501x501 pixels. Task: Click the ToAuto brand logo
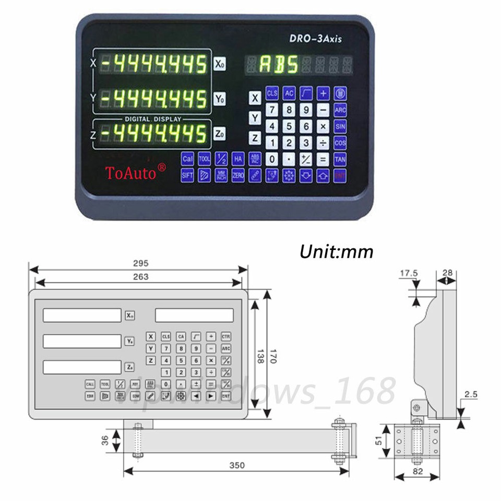click(136, 172)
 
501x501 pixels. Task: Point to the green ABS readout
click(279, 65)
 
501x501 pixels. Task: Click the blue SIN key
click(340, 126)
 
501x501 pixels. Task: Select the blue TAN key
click(340, 159)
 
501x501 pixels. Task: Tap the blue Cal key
click(187, 159)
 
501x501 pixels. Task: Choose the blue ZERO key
click(238, 175)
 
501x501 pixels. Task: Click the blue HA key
click(238, 159)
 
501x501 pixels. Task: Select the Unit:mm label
click(336, 252)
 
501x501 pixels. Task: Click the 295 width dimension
click(140, 263)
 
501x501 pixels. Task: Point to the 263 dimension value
click(140, 277)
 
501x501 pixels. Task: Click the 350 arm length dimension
click(236, 465)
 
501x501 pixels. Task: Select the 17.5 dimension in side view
click(409, 272)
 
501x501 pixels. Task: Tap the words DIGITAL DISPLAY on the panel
click(152, 119)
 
